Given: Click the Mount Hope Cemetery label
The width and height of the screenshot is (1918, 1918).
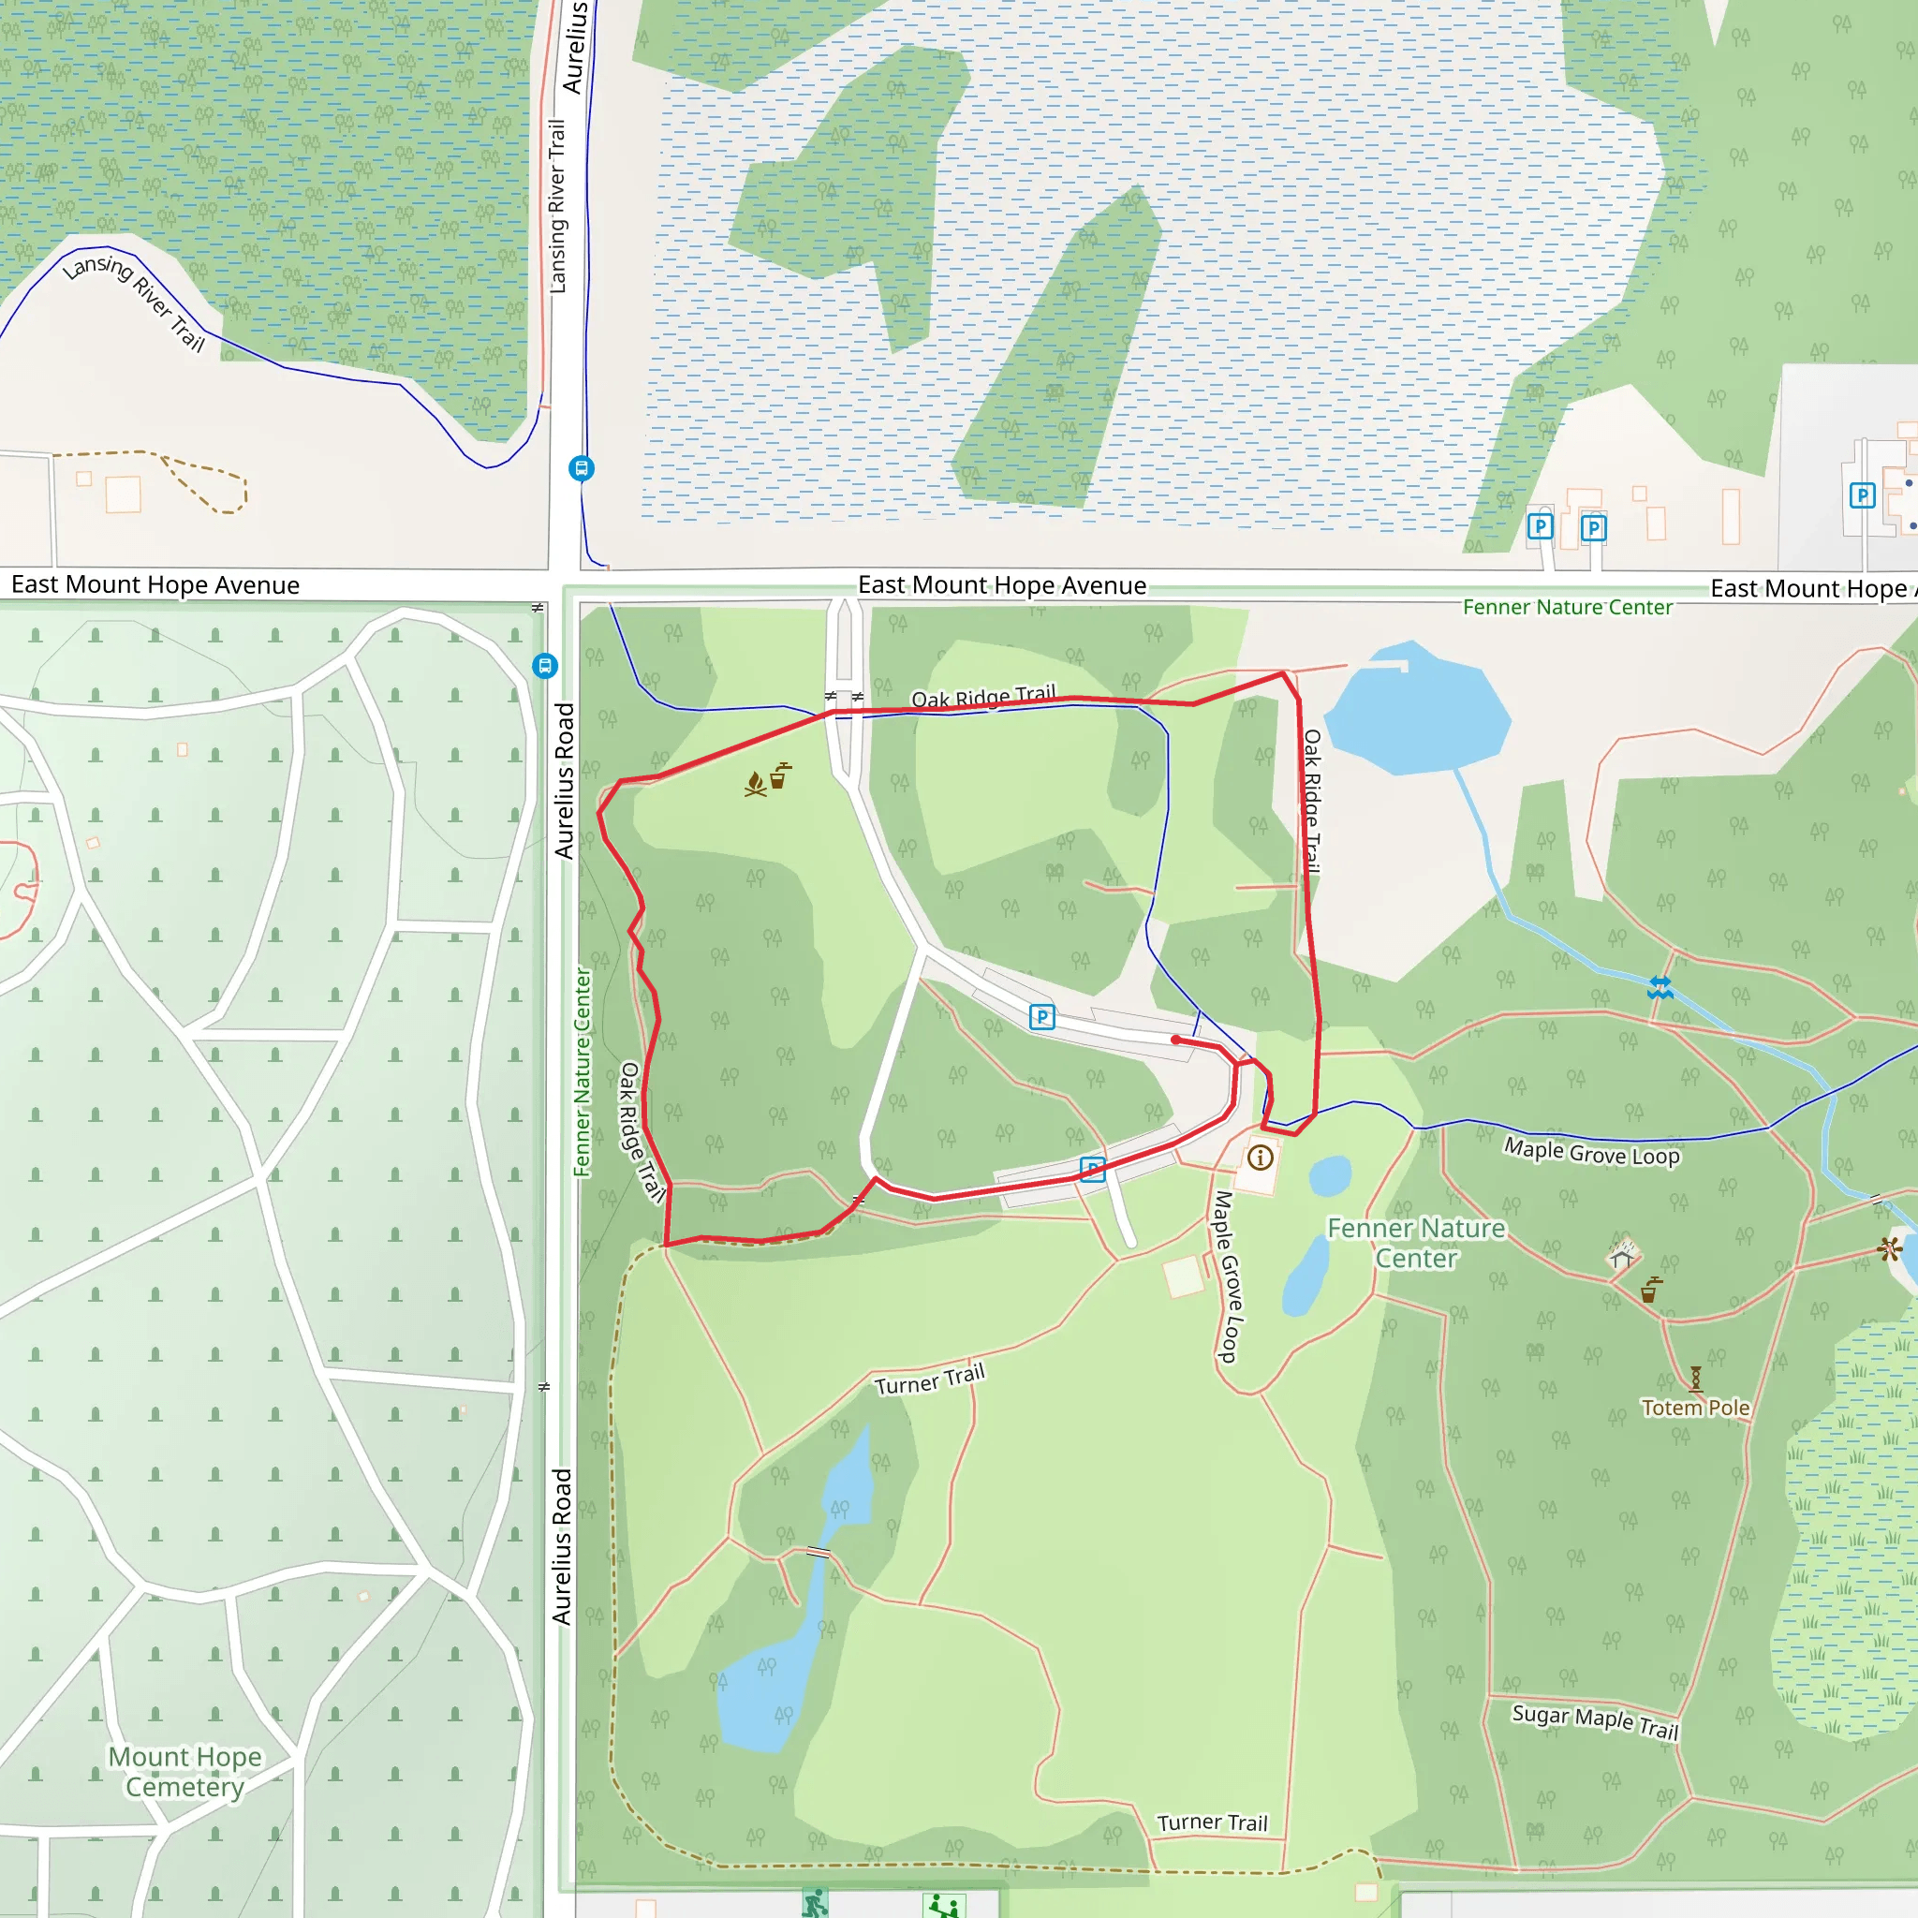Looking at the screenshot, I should (x=184, y=1771).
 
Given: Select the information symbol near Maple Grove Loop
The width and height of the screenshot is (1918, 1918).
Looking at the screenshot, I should (x=1260, y=1157).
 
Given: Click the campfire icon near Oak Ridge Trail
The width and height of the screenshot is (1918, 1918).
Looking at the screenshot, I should (x=756, y=784).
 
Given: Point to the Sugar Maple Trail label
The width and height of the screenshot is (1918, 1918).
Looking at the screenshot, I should (x=1594, y=1721).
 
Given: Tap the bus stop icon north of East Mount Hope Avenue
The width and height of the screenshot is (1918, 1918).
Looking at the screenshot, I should (x=582, y=467).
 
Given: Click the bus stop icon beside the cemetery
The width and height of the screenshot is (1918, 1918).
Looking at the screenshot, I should (x=545, y=665).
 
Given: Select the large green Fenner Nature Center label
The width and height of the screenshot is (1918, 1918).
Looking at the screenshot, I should (x=1416, y=1243).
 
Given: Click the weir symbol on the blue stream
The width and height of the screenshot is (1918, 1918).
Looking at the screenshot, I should (x=1660, y=988).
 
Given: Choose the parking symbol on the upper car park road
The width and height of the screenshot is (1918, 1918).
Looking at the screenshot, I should (x=1041, y=1016).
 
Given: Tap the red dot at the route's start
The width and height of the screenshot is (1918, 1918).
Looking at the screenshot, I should (x=1175, y=1040).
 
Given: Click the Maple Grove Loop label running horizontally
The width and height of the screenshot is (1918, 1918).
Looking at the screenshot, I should (x=1591, y=1152).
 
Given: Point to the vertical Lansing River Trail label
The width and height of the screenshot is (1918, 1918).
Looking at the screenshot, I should (x=558, y=205).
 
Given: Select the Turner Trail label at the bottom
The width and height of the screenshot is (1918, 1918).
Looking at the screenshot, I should (x=1212, y=1822).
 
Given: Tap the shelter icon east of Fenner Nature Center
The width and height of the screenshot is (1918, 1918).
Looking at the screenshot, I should (x=1621, y=1257).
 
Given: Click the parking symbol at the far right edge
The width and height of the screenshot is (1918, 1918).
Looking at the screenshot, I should (x=1863, y=494).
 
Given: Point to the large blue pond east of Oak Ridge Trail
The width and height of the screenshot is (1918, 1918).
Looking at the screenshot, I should (x=1417, y=711).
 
